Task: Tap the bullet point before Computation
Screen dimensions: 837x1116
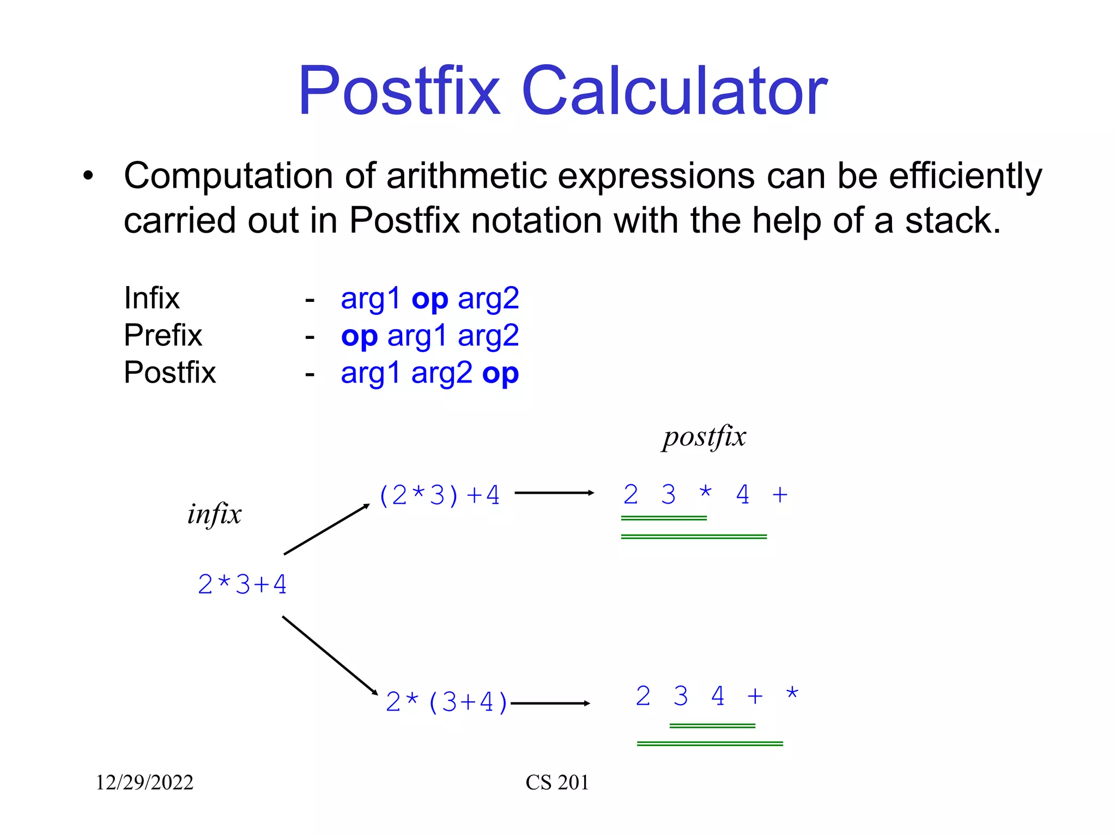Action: coord(88,177)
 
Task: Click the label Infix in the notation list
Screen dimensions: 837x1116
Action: coord(151,298)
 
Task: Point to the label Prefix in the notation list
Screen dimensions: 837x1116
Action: coord(162,335)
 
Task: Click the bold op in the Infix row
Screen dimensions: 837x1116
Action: coord(429,299)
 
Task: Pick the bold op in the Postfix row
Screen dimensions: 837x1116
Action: coord(500,374)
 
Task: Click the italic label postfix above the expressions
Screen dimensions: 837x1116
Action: coord(704,437)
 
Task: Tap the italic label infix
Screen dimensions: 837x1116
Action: coord(214,514)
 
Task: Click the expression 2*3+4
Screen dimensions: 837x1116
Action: coord(242,585)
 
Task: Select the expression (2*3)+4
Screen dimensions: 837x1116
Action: coord(439,495)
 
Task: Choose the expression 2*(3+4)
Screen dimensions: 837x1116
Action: coord(447,702)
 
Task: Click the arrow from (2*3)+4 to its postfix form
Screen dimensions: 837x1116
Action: coord(554,493)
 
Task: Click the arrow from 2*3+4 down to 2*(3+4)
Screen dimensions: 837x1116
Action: coord(329,655)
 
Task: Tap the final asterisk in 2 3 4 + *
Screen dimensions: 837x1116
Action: coord(792,695)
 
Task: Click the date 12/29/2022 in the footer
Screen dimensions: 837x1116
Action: coord(144,783)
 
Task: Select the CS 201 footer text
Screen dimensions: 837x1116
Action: coord(557,783)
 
